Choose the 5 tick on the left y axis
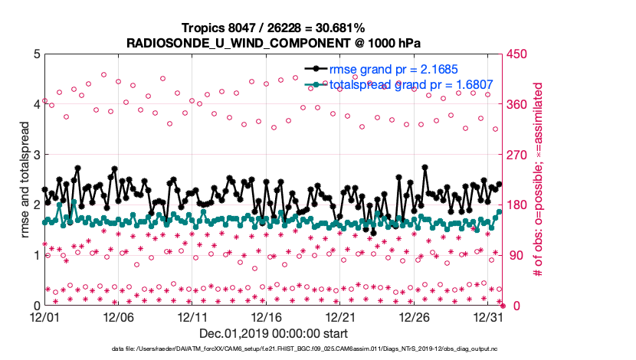pyautogui.click(x=36, y=54)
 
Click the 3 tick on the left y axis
pyautogui.click(x=36, y=155)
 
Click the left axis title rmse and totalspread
pyautogui.click(x=25, y=180)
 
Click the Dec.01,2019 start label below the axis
pyautogui.click(x=274, y=333)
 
